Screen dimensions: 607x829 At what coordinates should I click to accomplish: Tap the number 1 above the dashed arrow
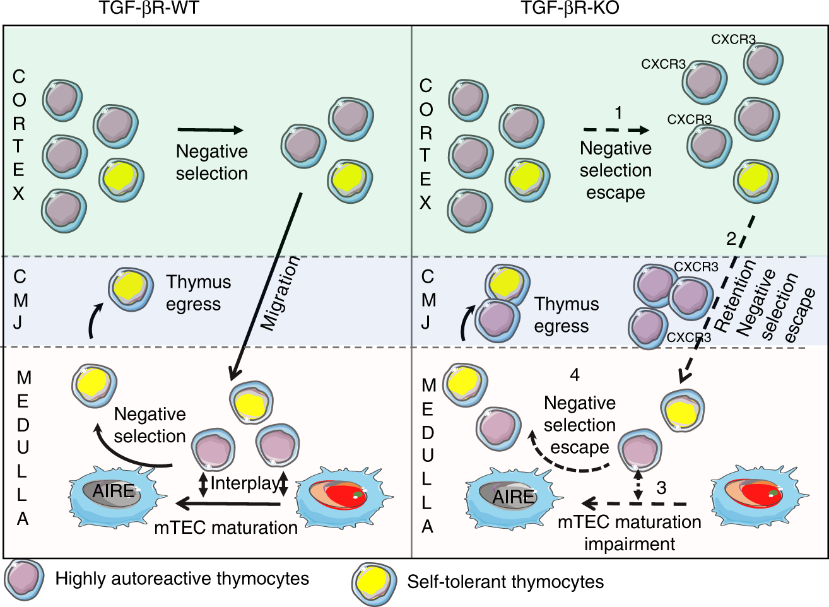click(x=618, y=113)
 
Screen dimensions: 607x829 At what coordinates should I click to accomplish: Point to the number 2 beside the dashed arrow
click(x=731, y=239)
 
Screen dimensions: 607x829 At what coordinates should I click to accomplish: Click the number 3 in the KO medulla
click(x=661, y=488)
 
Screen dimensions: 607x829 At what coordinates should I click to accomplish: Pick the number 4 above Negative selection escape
click(x=574, y=375)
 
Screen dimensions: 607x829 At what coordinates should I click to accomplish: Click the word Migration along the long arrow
click(x=280, y=293)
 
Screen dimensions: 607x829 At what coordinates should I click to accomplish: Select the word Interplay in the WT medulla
click(x=244, y=483)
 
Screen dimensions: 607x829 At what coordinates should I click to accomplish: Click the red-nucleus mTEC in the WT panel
click(x=338, y=495)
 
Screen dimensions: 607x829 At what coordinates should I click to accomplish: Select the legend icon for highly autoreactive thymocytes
click(x=24, y=579)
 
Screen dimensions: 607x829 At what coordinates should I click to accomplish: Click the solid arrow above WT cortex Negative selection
click(x=210, y=131)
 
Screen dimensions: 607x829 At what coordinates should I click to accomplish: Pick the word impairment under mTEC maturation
click(x=629, y=544)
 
